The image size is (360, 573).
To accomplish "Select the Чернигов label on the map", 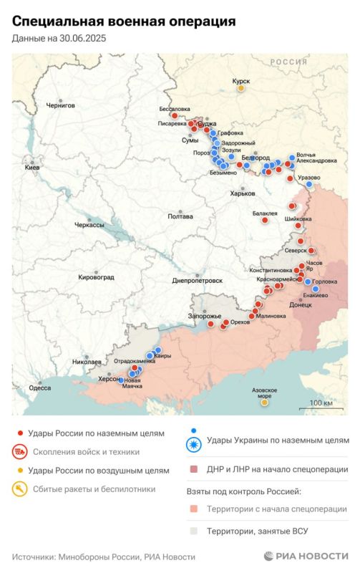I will coord(60,105).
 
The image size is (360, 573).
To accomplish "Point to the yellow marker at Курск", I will coord(241,88).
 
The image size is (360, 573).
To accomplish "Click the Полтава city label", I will coord(179,216).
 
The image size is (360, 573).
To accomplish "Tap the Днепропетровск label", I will coord(198,281).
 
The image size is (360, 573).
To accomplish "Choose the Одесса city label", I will coord(39,387).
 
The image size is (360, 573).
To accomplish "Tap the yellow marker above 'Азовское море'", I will coord(264,403).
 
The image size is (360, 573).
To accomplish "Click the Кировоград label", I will coord(97,276).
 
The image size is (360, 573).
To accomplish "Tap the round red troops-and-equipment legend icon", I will coord(20,452).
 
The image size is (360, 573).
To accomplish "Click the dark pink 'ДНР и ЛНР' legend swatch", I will coord(194,470).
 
